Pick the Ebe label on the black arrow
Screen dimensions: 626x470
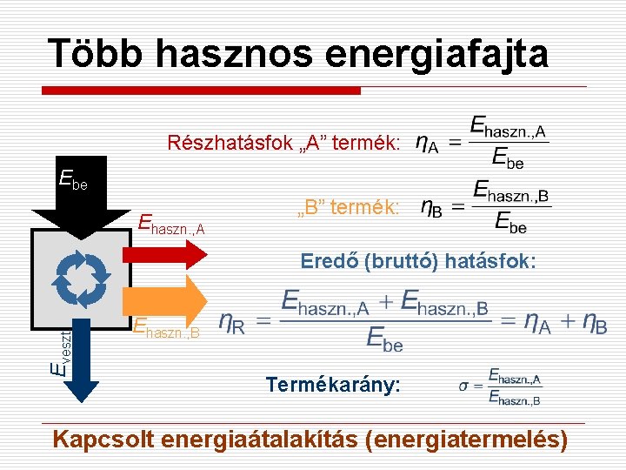[x=73, y=180]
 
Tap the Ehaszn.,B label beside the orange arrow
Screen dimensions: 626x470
[x=166, y=328]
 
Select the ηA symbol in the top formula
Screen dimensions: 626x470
[x=427, y=143]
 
